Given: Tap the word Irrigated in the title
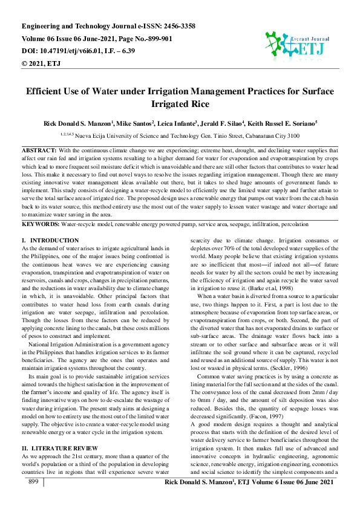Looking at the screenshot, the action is pos(173,103).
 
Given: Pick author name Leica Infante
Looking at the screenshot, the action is pos(175,123).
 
